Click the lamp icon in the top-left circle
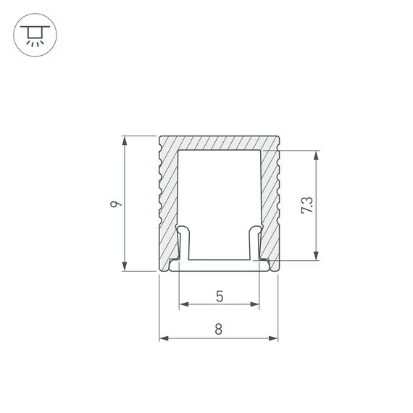point(33,34)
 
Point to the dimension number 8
point(219,328)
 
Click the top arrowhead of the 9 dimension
point(126,139)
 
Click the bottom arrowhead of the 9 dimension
point(126,267)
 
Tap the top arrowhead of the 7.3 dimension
point(316,154)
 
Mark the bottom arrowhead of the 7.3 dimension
point(316,255)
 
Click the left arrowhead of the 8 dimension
point(163,338)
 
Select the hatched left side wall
point(168,196)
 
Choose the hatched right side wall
point(269,196)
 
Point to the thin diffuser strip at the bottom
point(219,266)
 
